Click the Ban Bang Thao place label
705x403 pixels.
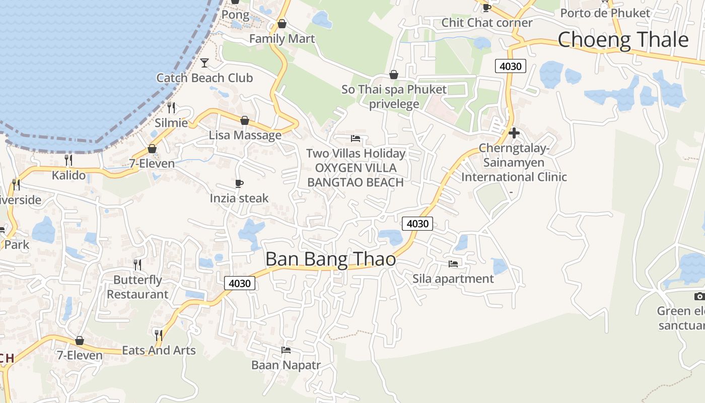pos(330,259)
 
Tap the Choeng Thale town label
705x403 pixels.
pos(623,40)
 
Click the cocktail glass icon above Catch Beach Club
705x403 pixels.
pos(204,63)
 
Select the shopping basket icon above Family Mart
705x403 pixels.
pos(282,24)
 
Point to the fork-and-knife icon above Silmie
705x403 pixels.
pos(171,107)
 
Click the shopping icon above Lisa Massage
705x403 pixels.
pos(245,120)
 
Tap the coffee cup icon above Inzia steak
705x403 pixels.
pos(239,183)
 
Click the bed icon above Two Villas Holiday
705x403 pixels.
pos(356,138)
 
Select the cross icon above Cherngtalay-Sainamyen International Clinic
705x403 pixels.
pos(514,133)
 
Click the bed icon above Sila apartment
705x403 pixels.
pos(453,263)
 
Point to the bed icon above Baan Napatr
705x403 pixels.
pos(286,350)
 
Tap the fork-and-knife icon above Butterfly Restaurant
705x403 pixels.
pos(137,264)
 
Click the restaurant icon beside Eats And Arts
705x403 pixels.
pos(158,335)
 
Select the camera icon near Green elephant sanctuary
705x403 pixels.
pos(699,296)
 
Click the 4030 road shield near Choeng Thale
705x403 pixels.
pos(511,65)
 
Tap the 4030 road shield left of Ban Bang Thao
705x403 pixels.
pos(240,283)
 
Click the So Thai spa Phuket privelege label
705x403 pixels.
pos(394,97)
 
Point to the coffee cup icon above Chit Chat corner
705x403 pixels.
pos(486,8)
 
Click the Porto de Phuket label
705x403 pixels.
pos(605,13)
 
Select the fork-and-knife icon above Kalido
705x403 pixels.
pos(68,160)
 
